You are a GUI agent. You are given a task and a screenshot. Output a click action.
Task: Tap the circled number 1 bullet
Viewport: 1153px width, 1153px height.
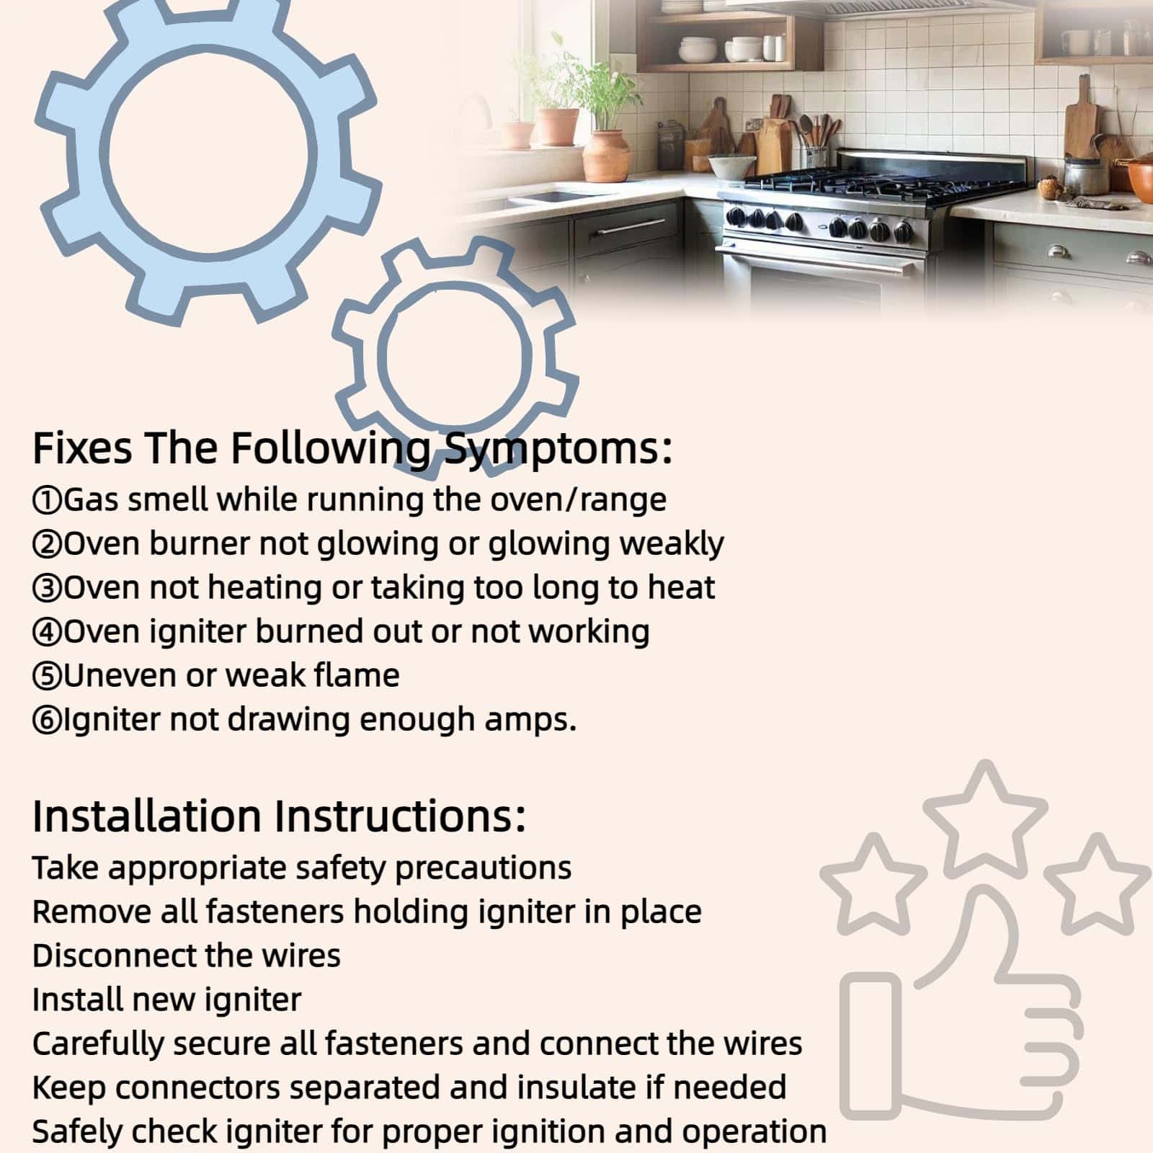point(48,500)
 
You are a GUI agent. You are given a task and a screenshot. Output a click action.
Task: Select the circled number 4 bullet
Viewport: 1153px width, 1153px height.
point(48,632)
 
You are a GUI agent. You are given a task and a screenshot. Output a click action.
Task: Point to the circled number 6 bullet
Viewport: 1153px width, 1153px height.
point(48,720)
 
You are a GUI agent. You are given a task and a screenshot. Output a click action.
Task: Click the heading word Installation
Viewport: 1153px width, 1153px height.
point(147,816)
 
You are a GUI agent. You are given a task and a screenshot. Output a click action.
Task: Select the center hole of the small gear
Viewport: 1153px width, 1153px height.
point(455,355)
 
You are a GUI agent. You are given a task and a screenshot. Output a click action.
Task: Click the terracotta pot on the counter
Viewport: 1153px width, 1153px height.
point(606,153)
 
